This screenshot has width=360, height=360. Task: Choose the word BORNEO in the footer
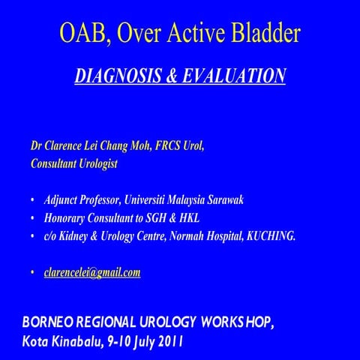click(x=49, y=322)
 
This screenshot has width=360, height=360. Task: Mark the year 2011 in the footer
click(x=168, y=341)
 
